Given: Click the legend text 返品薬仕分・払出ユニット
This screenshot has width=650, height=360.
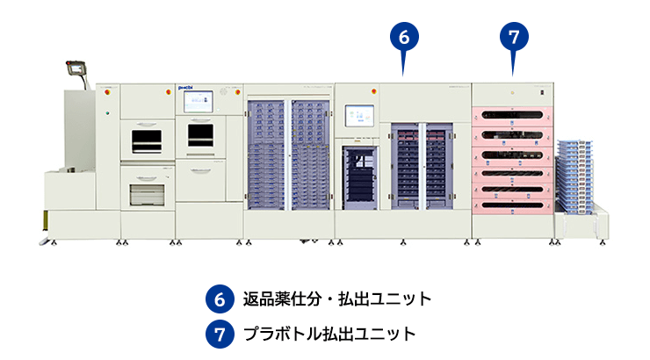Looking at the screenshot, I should coord(337,299).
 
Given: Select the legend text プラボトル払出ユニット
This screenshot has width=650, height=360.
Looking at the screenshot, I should coord(329,334).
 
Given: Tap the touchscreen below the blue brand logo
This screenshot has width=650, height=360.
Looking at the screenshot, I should coord(199,102).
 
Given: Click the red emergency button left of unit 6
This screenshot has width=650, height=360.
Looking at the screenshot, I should coord(375,90).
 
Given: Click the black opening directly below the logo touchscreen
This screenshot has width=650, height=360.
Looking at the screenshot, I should coord(200,134).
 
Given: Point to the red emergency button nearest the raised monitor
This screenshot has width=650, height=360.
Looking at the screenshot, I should coord(108,90).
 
